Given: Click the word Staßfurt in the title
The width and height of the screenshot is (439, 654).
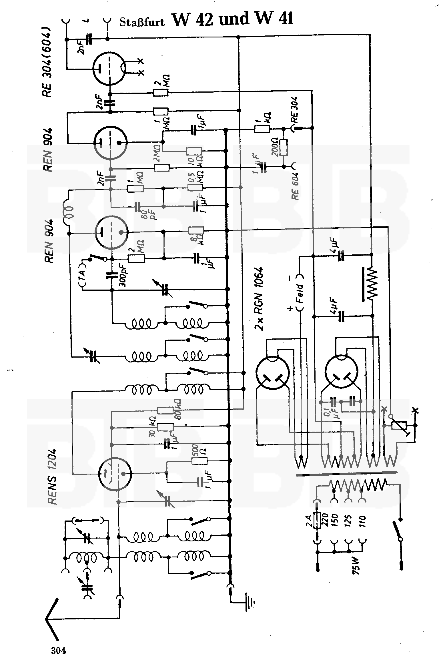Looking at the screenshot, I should tap(142, 22).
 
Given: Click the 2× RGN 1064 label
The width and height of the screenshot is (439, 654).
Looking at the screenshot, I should tap(259, 299).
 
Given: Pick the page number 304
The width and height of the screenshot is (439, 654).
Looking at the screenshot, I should tap(58, 643).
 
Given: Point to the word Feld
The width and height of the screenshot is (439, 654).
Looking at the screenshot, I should tap(300, 293).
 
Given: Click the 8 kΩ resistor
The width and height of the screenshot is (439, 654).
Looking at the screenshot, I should tap(196, 230).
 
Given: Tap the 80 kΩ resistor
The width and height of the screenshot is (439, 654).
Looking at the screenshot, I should tap(165, 411).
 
